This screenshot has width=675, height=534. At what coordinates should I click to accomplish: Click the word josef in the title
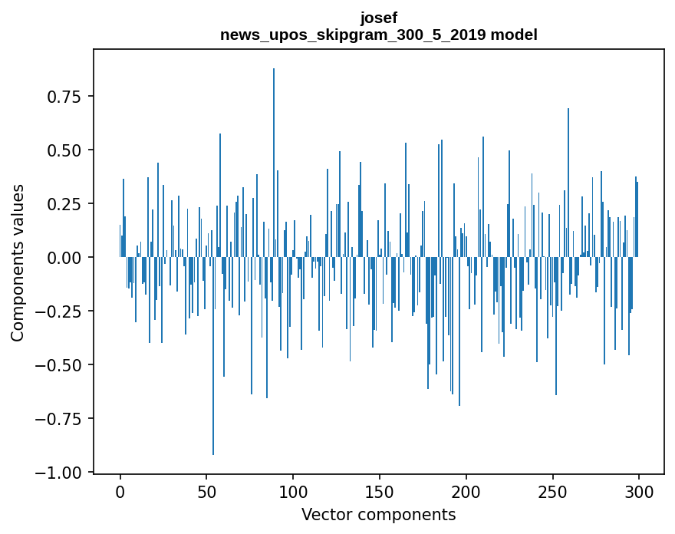coord(379,18)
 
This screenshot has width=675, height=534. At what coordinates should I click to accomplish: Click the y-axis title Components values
coord(17,262)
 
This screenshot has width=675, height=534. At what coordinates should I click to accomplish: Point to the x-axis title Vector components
coord(379,515)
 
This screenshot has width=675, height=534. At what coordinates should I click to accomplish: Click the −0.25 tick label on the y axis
coord(61,311)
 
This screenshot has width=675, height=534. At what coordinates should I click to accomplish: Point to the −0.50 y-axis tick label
coord(61,365)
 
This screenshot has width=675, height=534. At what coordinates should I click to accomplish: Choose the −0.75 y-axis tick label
coord(61,419)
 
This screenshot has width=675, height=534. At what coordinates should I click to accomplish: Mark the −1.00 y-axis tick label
coord(61,473)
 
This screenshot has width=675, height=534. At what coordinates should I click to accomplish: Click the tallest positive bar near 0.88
coord(274,153)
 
